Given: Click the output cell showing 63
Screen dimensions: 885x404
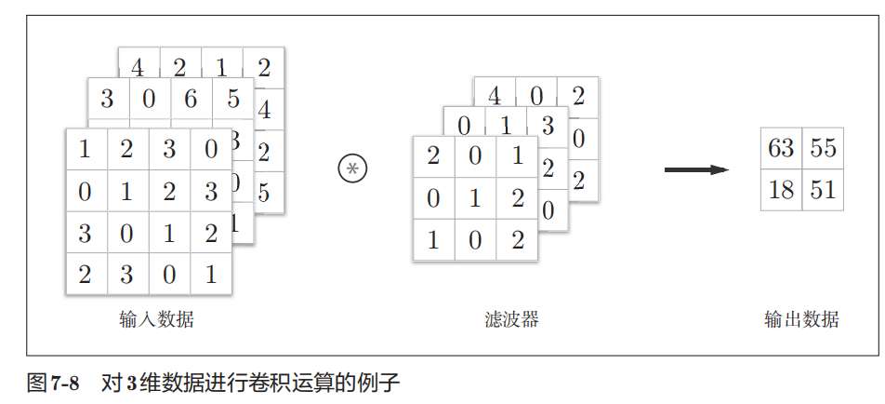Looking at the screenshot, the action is pyautogui.click(x=781, y=148).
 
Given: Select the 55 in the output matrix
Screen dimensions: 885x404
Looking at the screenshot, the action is pyautogui.click(x=823, y=148).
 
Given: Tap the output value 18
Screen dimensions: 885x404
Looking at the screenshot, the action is pyautogui.click(x=781, y=190).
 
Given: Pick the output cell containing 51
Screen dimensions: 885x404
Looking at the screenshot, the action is pyautogui.click(x=823, y=190).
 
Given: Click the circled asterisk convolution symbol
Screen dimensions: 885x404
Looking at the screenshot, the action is pyautogui.click(x=352, y=168).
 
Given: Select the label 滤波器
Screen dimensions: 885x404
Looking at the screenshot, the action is pyautogui.click(x=511, y=320).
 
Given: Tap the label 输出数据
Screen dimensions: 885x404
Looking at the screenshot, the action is pyautogui.click(x=801, y=320).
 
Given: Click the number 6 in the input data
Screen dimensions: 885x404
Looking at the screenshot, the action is pyautogui.click(x=191, y=98).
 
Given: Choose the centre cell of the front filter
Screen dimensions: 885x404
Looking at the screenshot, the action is pyautogui.click(x=475, y=198).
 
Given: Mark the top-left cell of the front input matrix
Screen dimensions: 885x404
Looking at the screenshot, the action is pyautogui.click(x=86, y=149).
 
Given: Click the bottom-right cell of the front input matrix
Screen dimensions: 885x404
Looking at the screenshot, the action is pyautogui.click(x=211, y=275).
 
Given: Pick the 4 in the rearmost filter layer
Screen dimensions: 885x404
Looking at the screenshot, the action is pyautogui.click(x=495, y=95).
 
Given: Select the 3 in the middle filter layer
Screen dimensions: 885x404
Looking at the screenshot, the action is pyautogui.click(x=547, y=126).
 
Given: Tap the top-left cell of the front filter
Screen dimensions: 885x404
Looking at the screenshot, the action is pyautogui.click(x=433, y=156).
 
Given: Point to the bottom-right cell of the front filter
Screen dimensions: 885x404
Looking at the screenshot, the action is pyautogui.click(x=517, y=240).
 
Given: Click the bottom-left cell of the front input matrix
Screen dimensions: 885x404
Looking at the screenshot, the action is pyautogui.click(x=86, y=275).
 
